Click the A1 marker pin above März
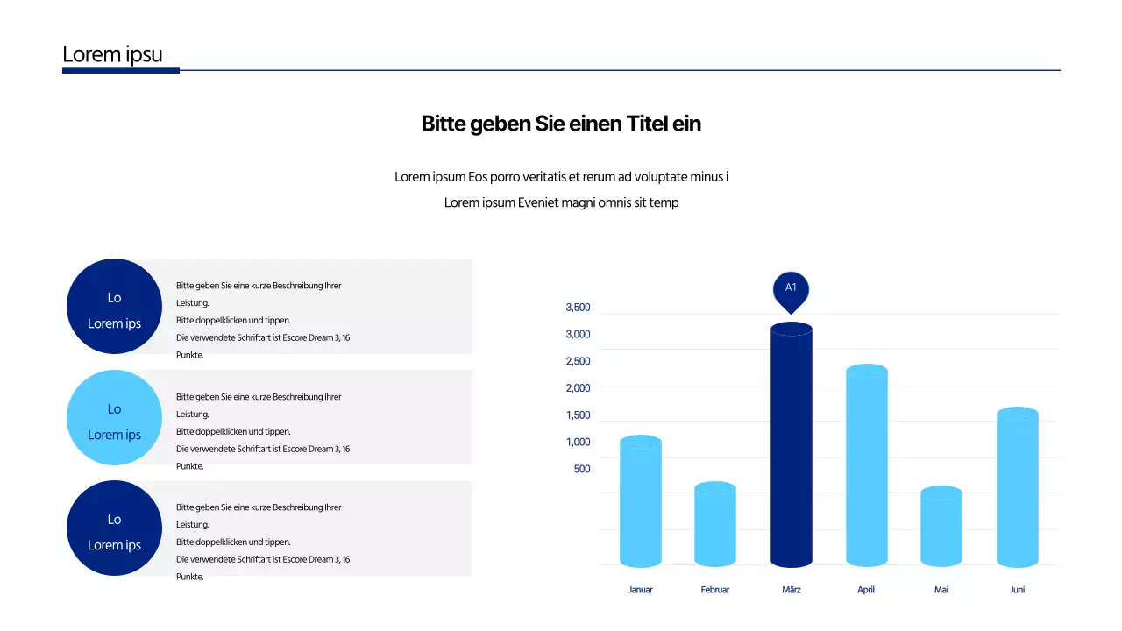791,289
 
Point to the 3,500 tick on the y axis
578,308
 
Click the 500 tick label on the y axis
581,469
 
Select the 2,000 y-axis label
578,388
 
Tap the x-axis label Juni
1017,590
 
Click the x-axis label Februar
715,590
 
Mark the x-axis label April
866,590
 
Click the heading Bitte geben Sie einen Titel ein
561,124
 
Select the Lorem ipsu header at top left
112,54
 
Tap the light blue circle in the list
114,417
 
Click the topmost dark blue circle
114,306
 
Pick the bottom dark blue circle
114,528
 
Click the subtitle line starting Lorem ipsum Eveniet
561,202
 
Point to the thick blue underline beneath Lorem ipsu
120,70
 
